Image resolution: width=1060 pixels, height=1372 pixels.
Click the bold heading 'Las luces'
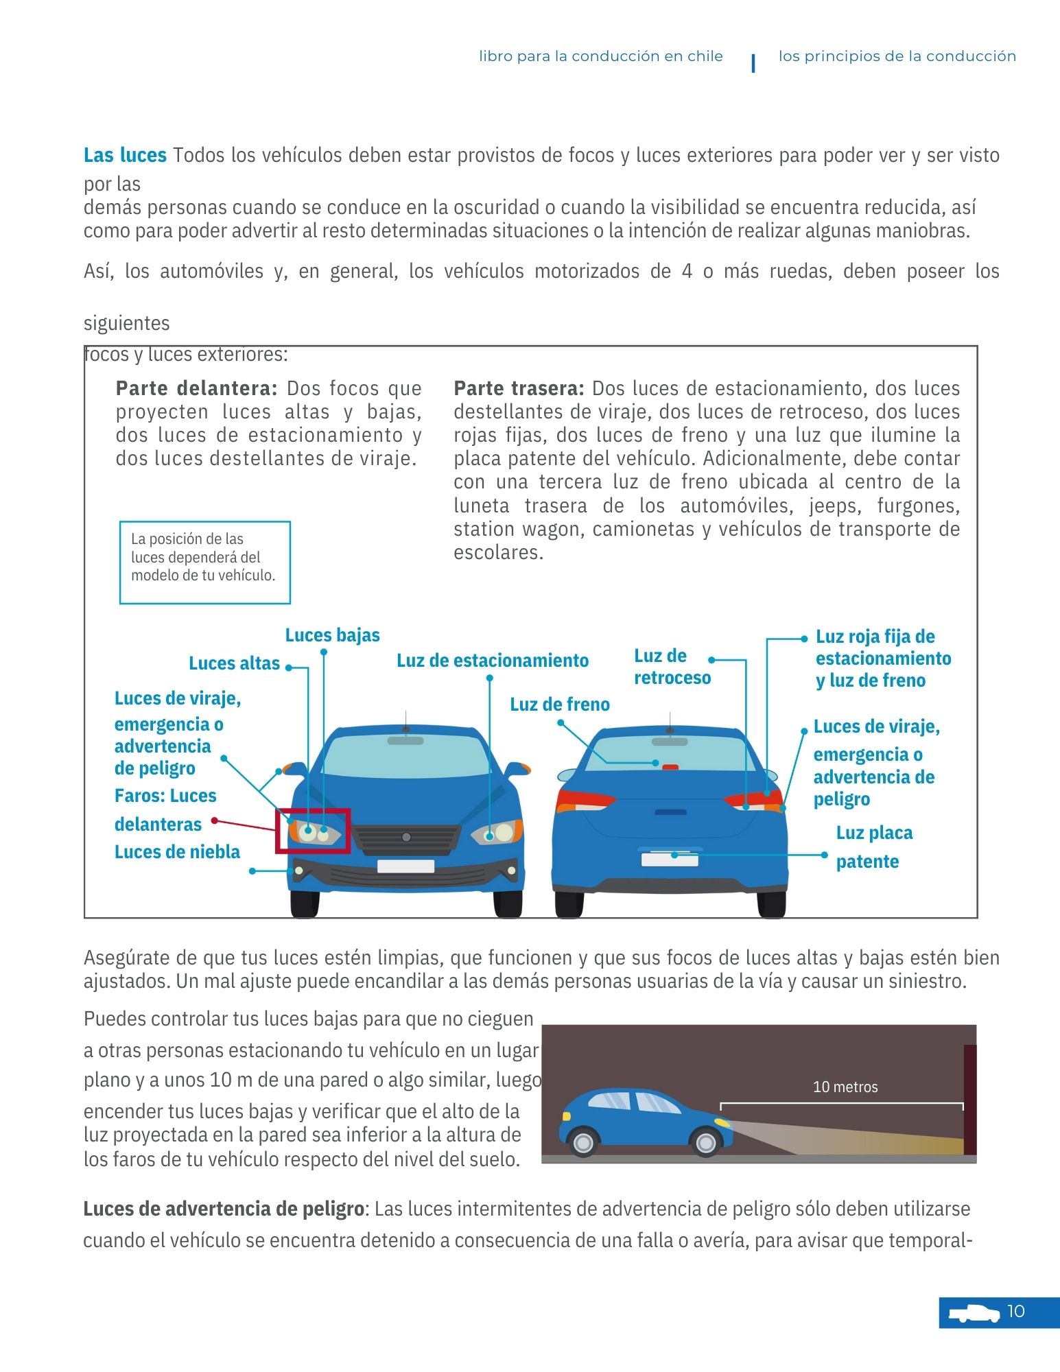[125, 156]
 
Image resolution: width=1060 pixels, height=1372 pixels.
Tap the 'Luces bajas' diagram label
[332, 635]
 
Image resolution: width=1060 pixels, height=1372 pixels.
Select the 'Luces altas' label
[234, 663]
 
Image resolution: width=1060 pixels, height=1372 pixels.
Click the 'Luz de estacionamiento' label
[492, 661]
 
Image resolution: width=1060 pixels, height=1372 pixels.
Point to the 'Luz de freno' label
[559, 705]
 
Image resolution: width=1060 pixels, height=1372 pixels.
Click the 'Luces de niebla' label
[177, 852]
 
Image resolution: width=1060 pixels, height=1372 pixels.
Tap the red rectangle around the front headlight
[313, 831]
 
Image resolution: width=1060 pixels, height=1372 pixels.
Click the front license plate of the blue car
[405, 866]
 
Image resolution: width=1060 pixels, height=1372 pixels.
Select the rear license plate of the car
[669, 859]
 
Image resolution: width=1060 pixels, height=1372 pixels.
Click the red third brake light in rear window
[670, 768]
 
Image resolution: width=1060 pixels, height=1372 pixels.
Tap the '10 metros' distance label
[845, 1087]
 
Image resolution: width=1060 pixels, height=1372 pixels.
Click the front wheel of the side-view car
[706, 1142]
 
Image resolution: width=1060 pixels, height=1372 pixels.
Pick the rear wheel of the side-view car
[583, 1142]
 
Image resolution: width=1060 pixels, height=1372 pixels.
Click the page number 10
[1015, 1312]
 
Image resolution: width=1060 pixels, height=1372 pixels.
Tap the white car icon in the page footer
[974, 1313]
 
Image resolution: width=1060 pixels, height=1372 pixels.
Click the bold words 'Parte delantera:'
[196, 388]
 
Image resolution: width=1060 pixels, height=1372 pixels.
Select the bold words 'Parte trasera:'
[519, 388]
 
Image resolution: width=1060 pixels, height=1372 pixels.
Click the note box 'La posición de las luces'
[204, 562]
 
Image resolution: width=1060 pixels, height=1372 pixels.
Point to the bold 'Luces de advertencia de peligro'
[223, 1209]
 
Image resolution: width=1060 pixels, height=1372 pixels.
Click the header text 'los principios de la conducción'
[897, 56]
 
